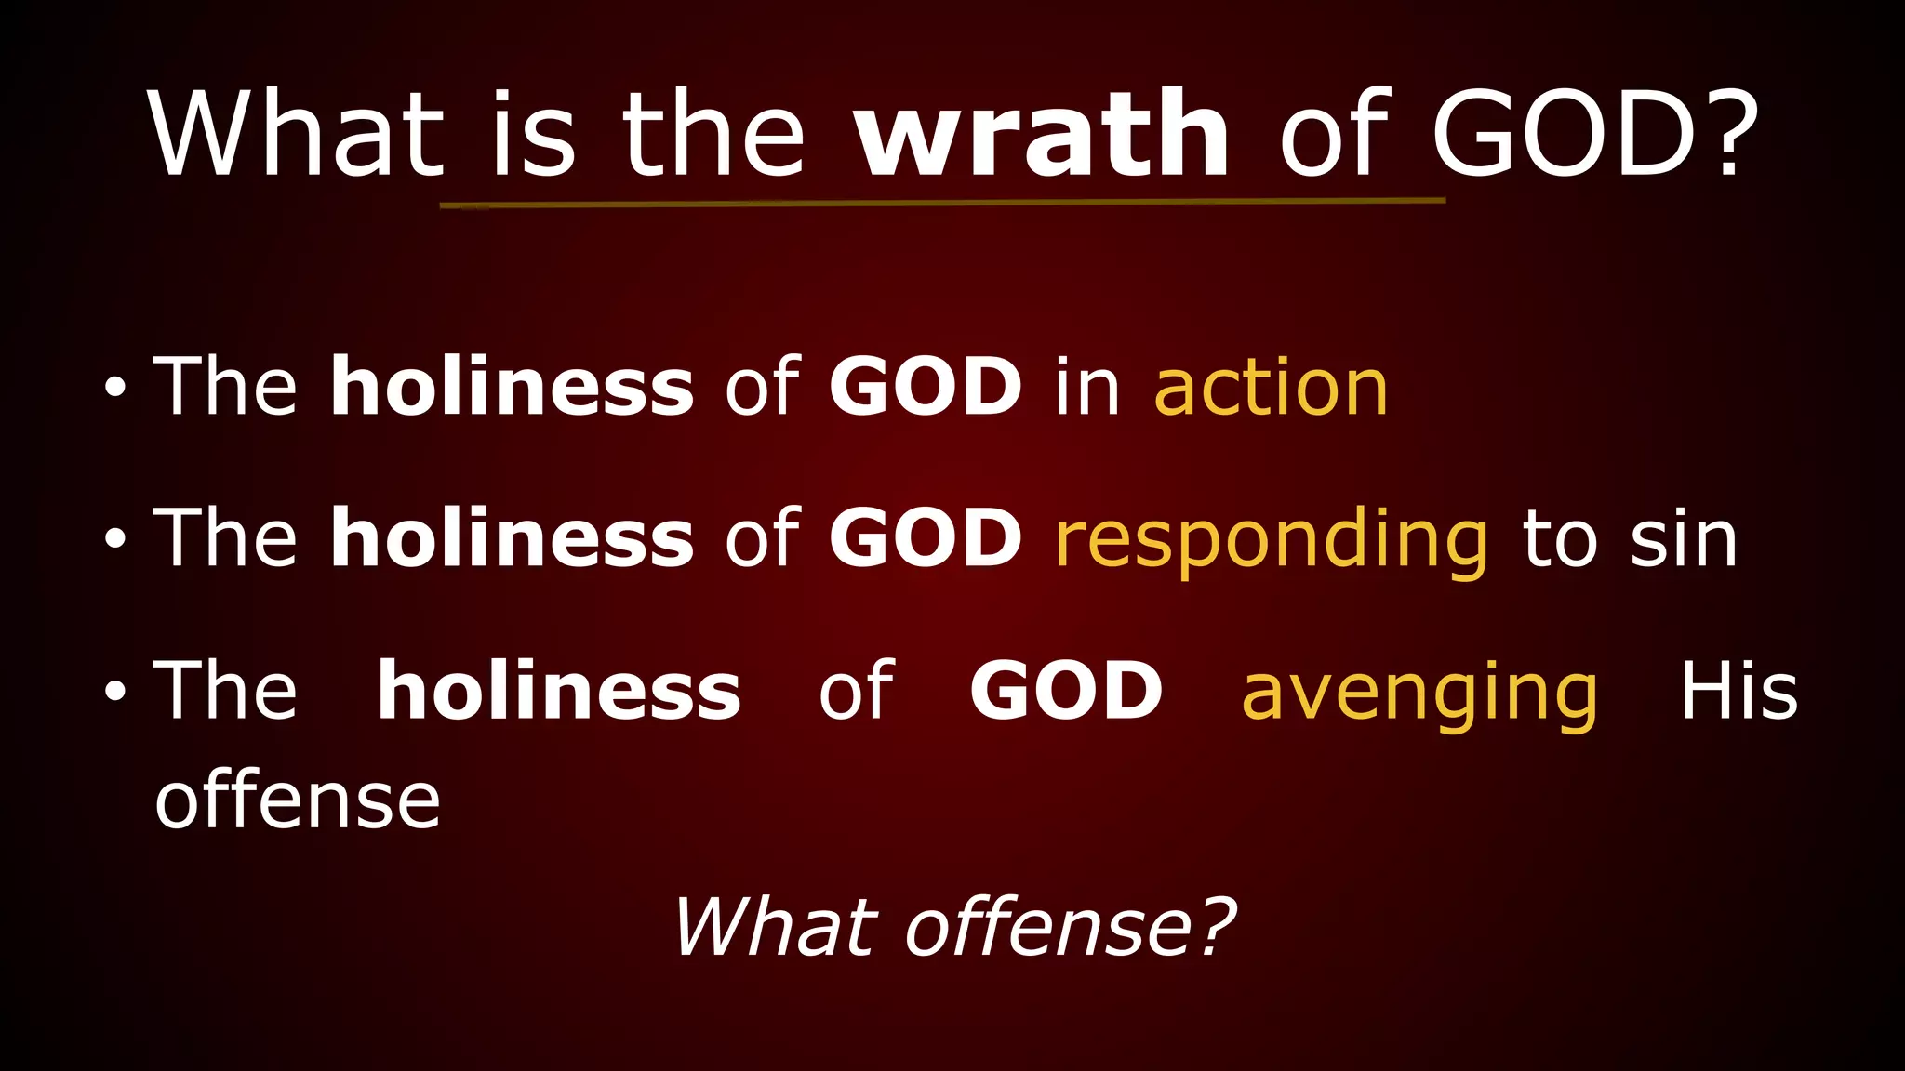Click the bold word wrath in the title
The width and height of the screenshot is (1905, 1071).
click(x=1042, y=135)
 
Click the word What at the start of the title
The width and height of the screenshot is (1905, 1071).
click(x=296, y=135)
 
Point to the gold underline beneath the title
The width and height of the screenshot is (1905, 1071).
click(x=941, y=203)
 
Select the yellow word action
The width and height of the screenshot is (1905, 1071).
click(x=1271, y=388)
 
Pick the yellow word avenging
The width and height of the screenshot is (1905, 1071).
click(x=1419, y=693)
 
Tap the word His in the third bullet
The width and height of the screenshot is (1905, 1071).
click(x=1738, y=693)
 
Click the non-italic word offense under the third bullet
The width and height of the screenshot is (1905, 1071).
click(x=297, y=801)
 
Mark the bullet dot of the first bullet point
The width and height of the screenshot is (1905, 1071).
click(x=114, y=388)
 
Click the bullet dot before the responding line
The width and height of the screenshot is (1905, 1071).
click(x=114, y=539)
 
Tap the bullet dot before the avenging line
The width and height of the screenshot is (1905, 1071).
click(x=114, y=692)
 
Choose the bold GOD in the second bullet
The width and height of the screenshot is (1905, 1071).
click(x=926, y=539)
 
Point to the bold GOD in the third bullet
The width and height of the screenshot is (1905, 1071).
click(x=1066, y=692)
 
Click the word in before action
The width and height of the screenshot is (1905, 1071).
click(x=1087, y=388)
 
